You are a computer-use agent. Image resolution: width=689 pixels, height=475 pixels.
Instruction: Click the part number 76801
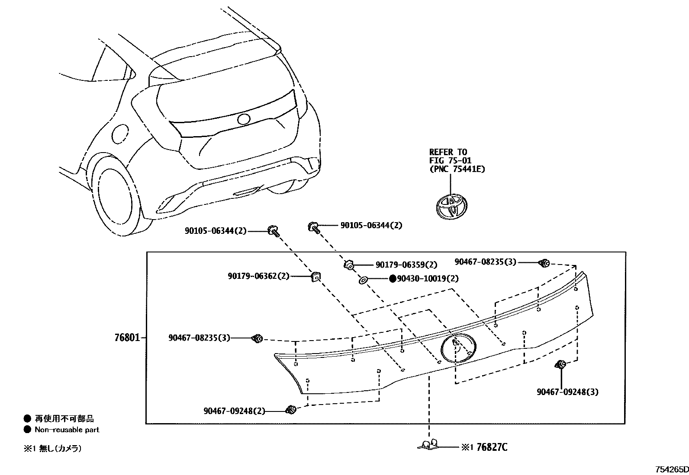(x=127, y=338)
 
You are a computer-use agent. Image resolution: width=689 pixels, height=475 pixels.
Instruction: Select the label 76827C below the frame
(x=492, y=447)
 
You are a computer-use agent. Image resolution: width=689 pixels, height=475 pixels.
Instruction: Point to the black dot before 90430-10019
(x=393, y=279)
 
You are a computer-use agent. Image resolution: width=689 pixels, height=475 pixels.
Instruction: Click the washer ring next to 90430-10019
(x=363, y=281)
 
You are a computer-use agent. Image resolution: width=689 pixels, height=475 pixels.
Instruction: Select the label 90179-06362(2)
(x=258, y=276)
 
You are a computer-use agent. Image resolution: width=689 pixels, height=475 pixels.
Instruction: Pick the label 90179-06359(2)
(x=406, y=265)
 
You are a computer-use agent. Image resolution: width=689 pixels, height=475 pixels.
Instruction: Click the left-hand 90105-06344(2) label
(x=216, y=231)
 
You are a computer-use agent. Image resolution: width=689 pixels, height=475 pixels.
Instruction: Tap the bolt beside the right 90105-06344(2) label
(x=313, y=226)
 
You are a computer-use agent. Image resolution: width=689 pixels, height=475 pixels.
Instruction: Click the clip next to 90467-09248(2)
(x=291, y=409)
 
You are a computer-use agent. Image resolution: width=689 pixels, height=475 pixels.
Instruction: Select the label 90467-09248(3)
(x=567, y=392)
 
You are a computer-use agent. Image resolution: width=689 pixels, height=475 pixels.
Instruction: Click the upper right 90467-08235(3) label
(x=485, y=261)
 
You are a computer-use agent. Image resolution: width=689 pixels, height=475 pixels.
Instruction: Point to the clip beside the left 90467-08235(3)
(x=257, y=338)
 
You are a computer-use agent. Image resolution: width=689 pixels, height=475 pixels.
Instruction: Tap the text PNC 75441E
(x=457, y=169)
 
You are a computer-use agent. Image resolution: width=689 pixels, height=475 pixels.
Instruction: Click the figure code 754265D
(x=671, y=469)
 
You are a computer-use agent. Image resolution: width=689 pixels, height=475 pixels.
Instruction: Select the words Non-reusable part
(x=67, y=430)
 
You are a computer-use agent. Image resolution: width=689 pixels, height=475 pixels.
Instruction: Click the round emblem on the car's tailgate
(x=244, y=120)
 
